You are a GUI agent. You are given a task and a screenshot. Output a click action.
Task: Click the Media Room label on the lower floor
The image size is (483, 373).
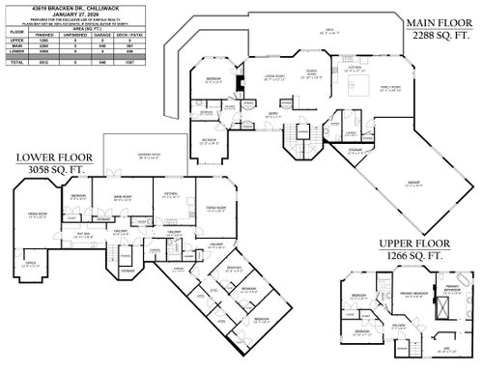pyautogui.click(x=38, y=215)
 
